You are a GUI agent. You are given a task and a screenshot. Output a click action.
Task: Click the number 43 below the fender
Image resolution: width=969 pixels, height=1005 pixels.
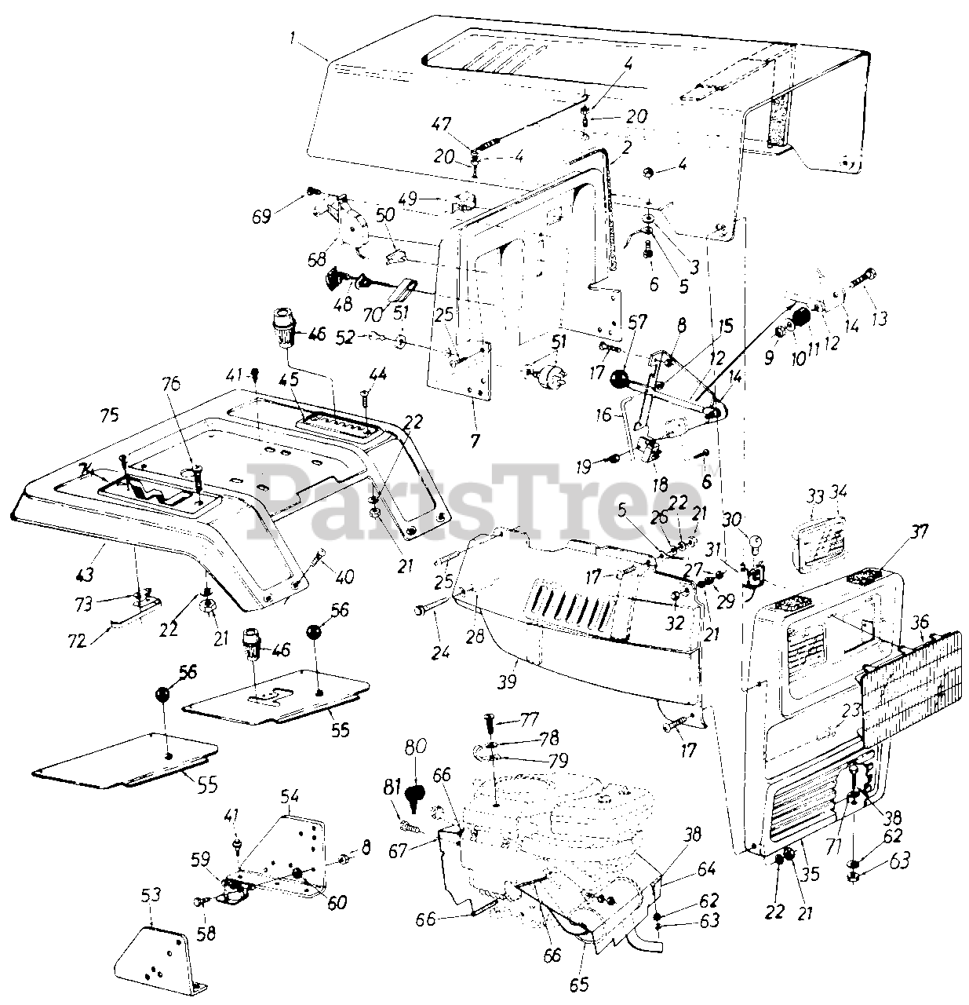[84, 575]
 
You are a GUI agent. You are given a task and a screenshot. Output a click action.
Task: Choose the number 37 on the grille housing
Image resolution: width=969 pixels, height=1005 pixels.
[919, 532]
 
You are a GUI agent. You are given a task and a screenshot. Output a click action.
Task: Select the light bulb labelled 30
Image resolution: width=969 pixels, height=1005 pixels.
[757, 541]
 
